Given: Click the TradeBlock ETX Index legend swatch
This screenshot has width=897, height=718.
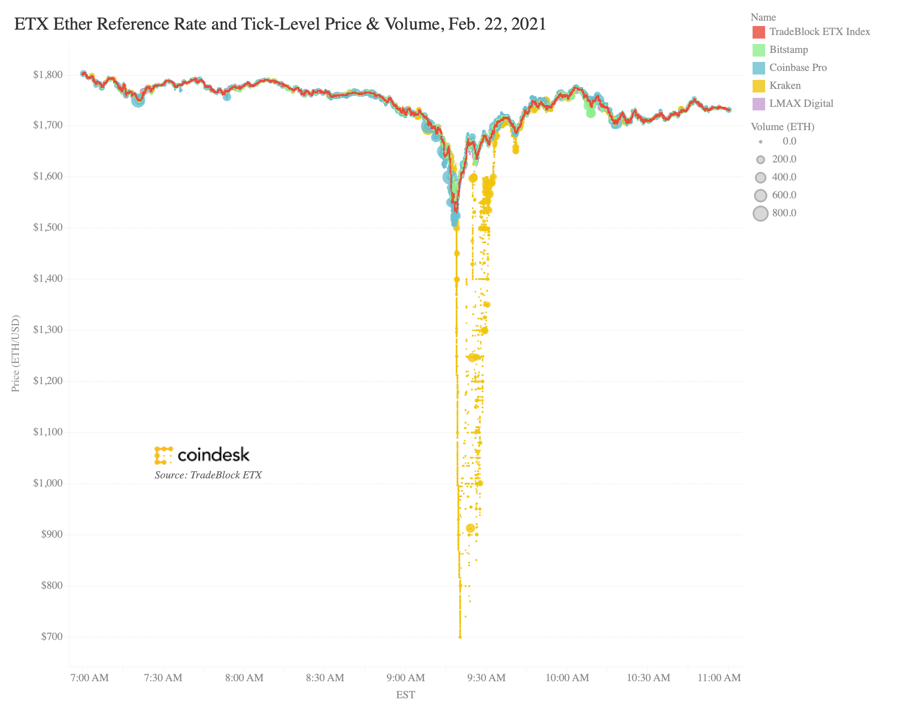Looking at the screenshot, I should point(758,32).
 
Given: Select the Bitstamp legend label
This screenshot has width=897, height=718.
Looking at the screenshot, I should point(788,49).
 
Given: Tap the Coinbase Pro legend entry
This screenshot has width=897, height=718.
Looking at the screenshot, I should point(798,67).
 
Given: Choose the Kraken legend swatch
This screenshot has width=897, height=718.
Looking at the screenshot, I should point(758,86).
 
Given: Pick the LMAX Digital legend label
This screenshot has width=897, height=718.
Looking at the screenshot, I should point(801,103).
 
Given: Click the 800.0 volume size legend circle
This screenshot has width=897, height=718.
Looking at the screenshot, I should point(761,213).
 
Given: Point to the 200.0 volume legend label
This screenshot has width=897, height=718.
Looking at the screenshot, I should point(784,159).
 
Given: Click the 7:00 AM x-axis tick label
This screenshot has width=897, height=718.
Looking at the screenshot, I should point(90,678).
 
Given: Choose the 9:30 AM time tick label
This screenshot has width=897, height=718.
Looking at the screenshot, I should point(487,678).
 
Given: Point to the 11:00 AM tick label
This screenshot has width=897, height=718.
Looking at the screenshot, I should point(720,678).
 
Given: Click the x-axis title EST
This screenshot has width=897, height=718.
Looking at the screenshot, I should point(405,695).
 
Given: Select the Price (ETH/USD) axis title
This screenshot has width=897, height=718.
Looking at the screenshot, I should point(16,353).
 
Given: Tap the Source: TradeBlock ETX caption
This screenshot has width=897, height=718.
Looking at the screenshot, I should point(208,475).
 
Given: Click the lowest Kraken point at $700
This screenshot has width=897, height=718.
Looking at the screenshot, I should point(460,637).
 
